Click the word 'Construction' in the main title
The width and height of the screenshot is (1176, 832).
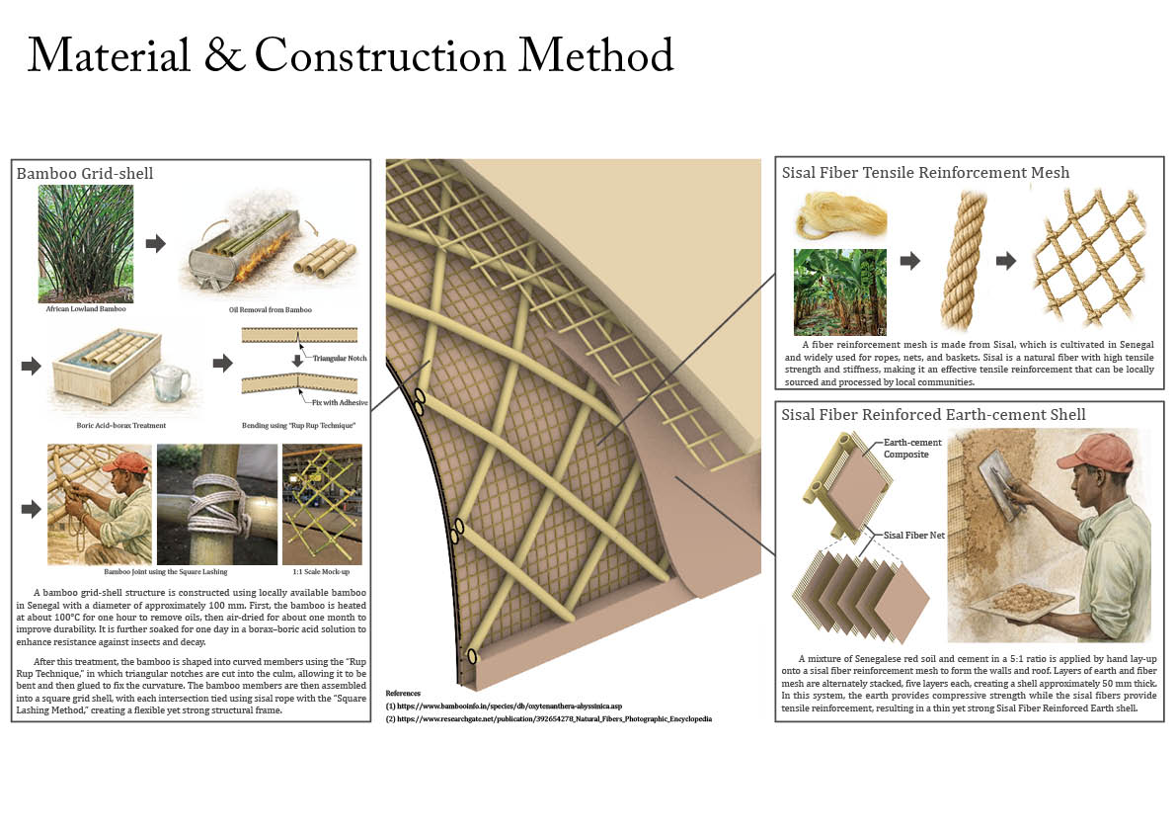(380, 55)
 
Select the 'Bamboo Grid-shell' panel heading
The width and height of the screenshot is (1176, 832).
(85, 173)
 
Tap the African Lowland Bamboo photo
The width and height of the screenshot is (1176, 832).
(86, 244)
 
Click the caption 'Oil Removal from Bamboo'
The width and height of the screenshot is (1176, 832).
(270, 310)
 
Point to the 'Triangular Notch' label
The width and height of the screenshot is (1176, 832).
(340, 358)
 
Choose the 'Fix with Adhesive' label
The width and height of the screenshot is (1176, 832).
(340, 403)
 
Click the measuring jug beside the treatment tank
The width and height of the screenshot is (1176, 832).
(170, 384)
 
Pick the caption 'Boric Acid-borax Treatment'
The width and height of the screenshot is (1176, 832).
(120, 425)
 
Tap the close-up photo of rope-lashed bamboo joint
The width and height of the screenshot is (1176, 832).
(217, 504)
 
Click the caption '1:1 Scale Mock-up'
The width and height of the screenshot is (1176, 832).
(321, 572)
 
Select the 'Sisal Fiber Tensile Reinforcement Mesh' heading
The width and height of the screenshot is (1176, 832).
(925, 173)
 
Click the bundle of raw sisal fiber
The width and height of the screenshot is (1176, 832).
(840, 215)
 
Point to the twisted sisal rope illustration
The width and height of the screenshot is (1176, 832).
(963, 260)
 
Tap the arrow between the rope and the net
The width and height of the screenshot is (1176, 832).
(1006, 261)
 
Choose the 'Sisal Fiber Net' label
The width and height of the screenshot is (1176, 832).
(913, 535)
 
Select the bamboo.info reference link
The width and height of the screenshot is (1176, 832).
(504, 706)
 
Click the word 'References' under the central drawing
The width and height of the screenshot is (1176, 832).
(404, 694)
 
